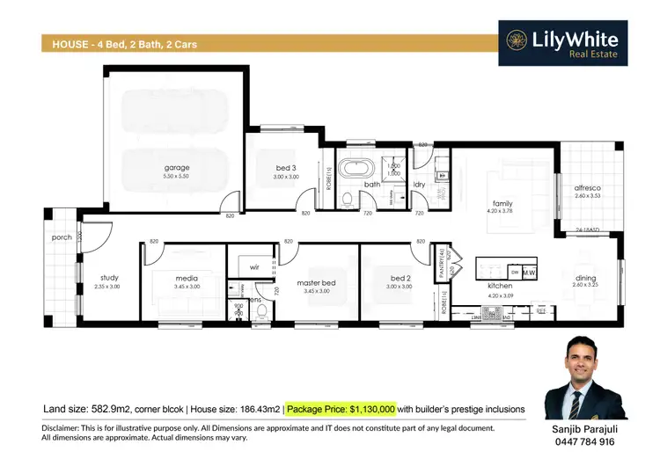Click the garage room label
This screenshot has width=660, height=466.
tap(176, 167)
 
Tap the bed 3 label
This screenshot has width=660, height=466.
tap(284, 167)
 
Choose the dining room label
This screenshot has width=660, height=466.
tap(585, 278)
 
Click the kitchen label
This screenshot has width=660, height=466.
tap(500, 286)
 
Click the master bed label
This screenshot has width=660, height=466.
tap(316, 281)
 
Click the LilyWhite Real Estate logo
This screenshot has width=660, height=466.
tap(561, 41)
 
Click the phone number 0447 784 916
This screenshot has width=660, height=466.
tap(585, 444)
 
